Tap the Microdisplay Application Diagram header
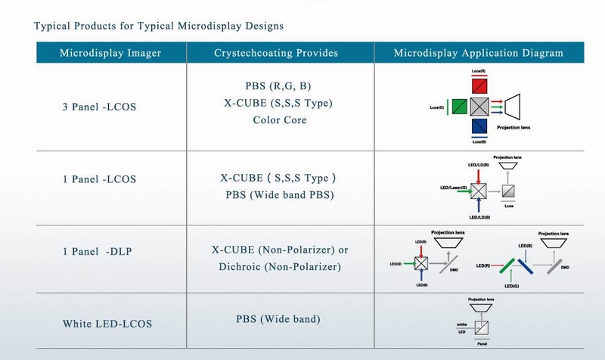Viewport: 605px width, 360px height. coord(479,53)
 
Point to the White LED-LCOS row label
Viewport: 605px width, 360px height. coord(107,324)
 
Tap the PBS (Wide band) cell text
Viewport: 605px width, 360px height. coord(278,319)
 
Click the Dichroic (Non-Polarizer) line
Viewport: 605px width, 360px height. coord(281,266)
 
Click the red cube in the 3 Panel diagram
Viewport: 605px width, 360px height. coord(479,85)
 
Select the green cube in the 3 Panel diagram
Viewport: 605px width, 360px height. coord(459,105)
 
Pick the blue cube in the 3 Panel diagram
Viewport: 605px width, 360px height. coord(479,125)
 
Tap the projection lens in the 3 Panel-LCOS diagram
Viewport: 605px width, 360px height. coord(520,106)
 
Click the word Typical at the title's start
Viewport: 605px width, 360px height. coord(54,26)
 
